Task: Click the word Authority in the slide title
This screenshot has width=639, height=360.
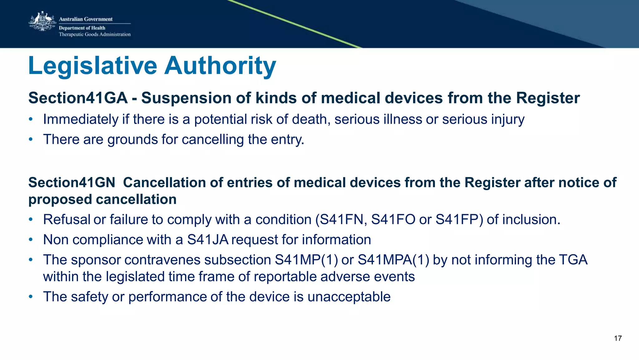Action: [220, 66]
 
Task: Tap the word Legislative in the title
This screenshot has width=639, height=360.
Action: [93, 66]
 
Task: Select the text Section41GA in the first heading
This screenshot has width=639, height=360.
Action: [78, 98]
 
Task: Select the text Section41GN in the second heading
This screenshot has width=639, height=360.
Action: [72, 183]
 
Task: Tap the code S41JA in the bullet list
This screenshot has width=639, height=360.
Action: [208, 240]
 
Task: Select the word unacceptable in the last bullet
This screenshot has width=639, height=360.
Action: [349, 297]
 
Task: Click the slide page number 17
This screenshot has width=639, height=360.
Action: [617, 338]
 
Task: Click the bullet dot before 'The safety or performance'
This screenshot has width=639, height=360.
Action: [31, 297]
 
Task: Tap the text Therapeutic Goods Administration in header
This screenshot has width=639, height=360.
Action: [95, 34]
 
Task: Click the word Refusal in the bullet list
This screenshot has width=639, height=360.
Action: [66, 220]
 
